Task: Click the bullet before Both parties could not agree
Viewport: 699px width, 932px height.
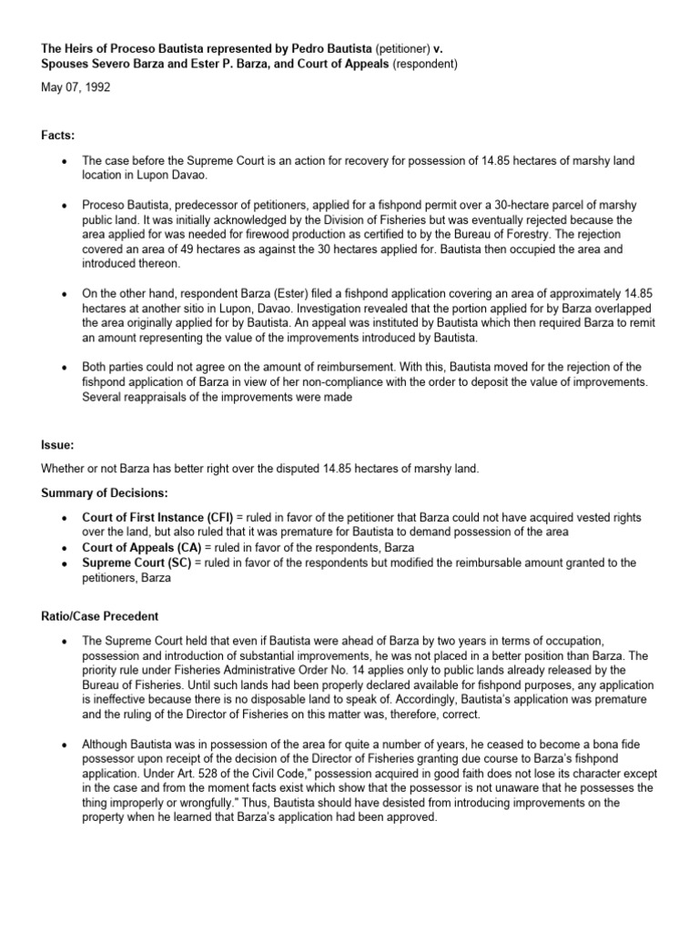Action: (x=63, y=366)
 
